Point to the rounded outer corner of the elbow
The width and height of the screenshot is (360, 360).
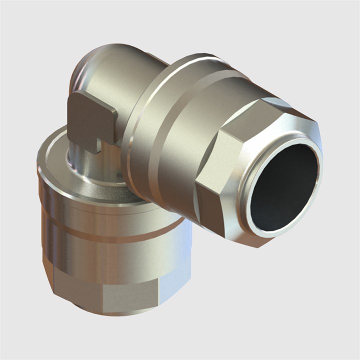point(82,70)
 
